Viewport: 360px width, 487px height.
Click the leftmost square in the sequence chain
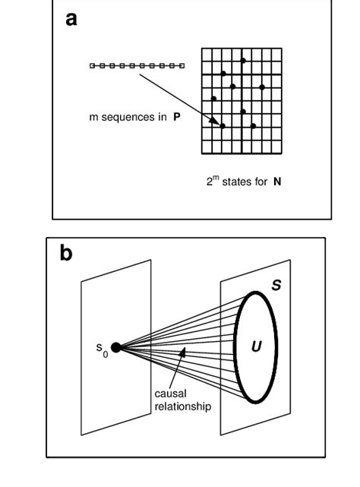[x=93, y=66]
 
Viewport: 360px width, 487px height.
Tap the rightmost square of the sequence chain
[x=182, y=66]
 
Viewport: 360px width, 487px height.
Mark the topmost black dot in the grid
[x=243, y=60]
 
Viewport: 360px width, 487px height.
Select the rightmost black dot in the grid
[x=263, y=87]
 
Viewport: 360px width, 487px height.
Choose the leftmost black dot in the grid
[x=213, y=98]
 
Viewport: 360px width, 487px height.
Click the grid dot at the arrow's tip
[x=223, y=125]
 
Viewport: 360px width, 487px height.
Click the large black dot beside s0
[x=115, y=348]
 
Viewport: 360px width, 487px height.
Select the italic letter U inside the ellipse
[x=256, y=347]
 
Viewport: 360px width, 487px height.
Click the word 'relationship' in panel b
[x=182, y=406]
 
